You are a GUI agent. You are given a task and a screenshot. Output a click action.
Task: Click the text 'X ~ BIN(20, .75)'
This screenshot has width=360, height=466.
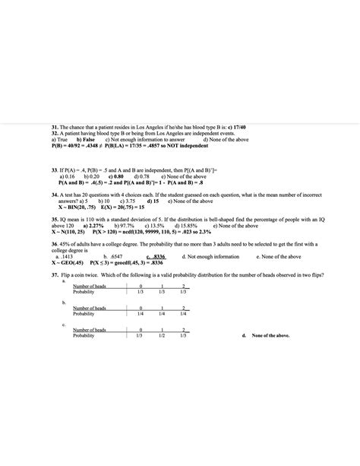coord(78,207)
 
